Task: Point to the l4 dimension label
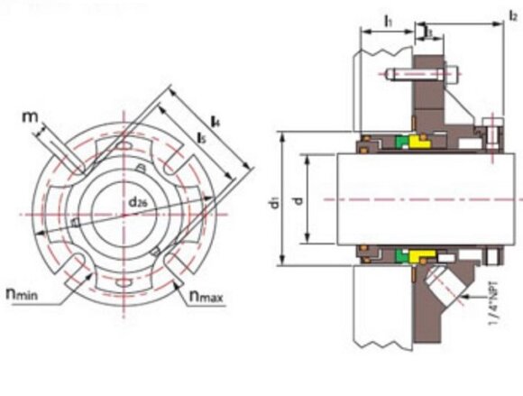tap(215, 119)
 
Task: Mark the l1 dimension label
tap(387, 17)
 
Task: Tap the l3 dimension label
tap(429, 32)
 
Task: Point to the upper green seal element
tap(398, 142)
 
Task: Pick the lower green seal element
tap(398, 255)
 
